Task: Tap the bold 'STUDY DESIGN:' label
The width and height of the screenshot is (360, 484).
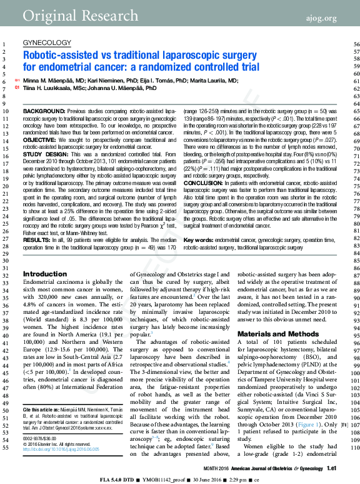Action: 44,154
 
